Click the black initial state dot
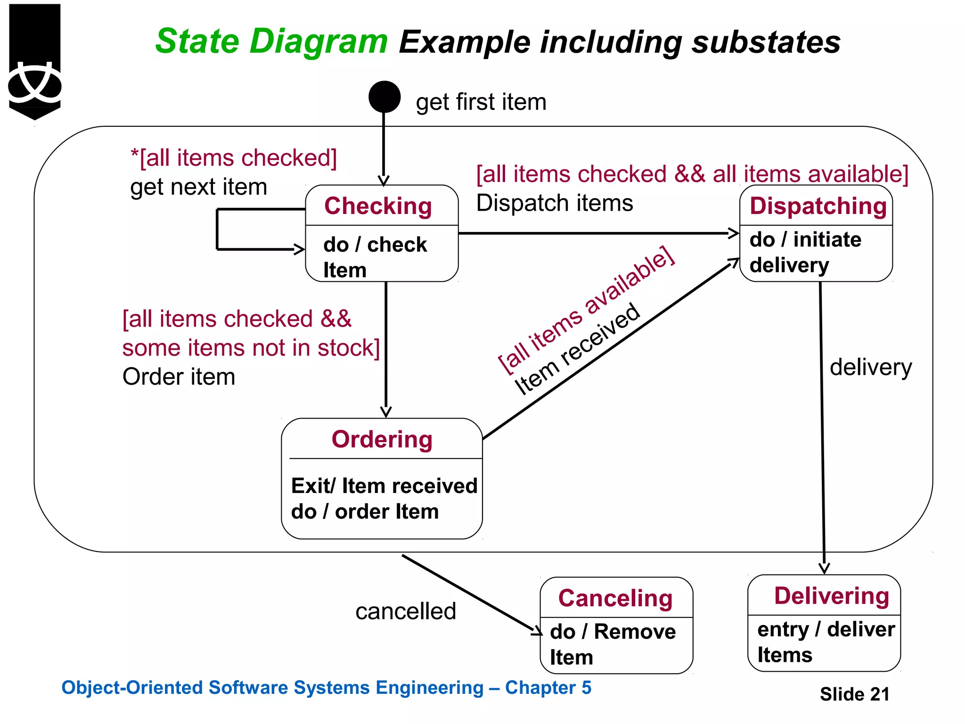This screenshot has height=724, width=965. coord(384,97)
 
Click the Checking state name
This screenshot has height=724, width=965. coord(378,206)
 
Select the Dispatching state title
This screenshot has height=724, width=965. coord(818,206)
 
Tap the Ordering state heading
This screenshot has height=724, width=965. coord(382,439)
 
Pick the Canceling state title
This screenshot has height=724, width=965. coord(615,598)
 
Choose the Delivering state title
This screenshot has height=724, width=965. coord(832,596)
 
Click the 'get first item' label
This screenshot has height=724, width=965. coord(481,102)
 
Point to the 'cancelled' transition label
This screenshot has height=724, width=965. coord(406,611)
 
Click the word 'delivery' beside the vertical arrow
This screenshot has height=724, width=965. coord(871,367)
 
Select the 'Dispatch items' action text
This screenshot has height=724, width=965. coord(555,203)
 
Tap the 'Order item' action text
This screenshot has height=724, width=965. coord(179,377)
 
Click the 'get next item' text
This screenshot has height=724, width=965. coord(198,187)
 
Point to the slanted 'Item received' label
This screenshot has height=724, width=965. coord(578,349)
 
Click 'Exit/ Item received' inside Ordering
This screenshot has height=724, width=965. coord(384,486)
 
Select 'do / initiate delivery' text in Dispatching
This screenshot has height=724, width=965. coord(805,252)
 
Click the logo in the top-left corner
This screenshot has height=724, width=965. coord(35,61)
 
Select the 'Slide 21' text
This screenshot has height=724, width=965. coord(854,694)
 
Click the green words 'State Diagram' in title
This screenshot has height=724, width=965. coord(271,41)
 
